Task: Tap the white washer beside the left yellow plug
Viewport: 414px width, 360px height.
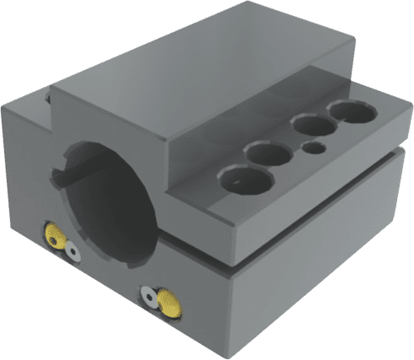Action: coord(73,250)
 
